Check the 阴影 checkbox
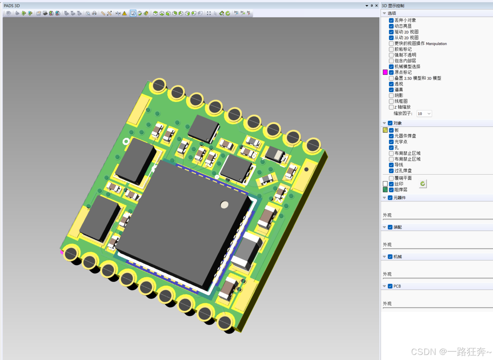(391, 95)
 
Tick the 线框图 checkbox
(391, 101)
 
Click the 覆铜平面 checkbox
(391, 178)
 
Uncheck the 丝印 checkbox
(391, 184)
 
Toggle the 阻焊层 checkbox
(391, 190)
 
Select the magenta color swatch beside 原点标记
(385, 72)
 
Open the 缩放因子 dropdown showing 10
(424, 113)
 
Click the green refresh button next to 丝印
(423, 184)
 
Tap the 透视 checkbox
(391, 84)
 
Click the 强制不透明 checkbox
(391, 55)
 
